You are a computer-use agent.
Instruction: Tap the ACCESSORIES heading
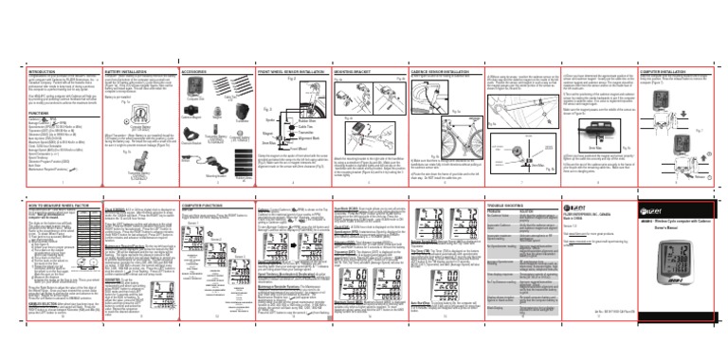point(197,70)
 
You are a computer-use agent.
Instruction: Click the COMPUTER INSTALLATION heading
point(668,70)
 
